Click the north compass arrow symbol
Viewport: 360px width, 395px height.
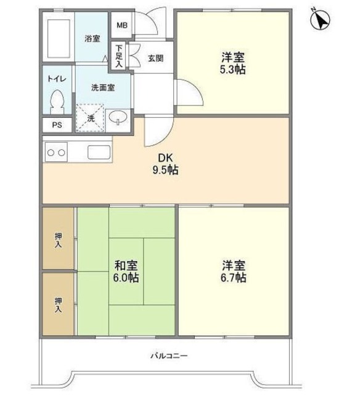321,21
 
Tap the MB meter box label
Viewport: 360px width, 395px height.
122,25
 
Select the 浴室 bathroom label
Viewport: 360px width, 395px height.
92,38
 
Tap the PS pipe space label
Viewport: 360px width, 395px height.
57,125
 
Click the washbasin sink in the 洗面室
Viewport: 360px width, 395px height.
117,117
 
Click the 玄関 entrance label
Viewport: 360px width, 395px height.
155,59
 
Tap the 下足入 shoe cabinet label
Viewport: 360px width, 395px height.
118,55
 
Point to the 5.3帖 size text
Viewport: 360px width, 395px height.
234,70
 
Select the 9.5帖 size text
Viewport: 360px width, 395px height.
165,170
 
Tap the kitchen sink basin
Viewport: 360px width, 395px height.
99,151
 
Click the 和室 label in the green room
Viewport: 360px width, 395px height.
126,266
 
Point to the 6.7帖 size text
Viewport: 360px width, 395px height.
234,278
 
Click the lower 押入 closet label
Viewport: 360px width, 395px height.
59,304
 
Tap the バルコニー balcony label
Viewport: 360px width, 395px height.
168,357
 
